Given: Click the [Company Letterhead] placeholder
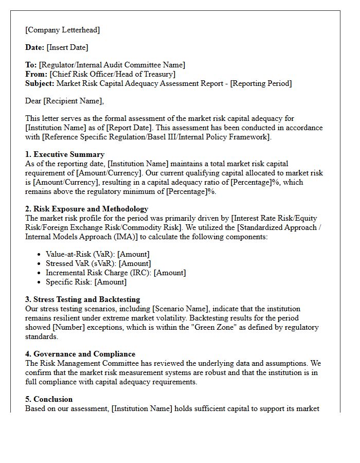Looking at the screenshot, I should tap(62, 30).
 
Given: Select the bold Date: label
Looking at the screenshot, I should tap(34, 47).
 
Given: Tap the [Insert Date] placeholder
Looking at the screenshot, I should tap(67, 47).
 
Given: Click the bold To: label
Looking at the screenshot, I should tap(31, 65).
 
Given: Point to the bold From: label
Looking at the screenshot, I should tap(36, 74).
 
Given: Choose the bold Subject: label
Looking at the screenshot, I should tap(40, 83).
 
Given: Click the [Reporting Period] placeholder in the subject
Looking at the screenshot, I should tap(261, 83).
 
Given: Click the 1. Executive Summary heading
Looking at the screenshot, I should tap(65, 154).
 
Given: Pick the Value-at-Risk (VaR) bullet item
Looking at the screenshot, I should tap(97, 254).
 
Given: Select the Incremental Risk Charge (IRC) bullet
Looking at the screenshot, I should tap(116, 273).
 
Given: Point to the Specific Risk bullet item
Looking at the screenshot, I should tap(86, 282).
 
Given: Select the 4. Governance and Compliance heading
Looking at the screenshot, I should tap(80, 354).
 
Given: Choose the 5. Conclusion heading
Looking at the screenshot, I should tap(49, 399).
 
